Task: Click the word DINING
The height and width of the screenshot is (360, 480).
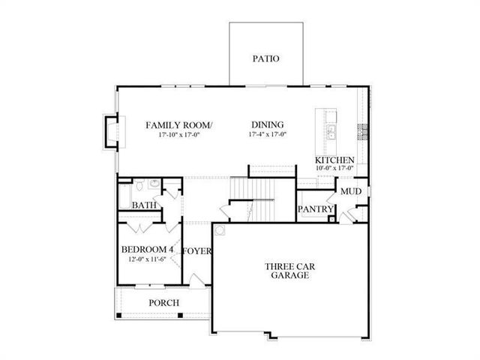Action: pyautogui.click(x=267, y=124)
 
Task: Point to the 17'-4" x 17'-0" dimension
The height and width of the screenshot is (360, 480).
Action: pyautogui.click(x=267, y=135)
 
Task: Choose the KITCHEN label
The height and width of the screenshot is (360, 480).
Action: pyautogui.click(x=334, y=160)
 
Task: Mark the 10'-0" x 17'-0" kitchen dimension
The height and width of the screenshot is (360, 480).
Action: pyautogui.click(x=334, y=169)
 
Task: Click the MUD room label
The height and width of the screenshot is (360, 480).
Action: pyautogui.click(x=350, y=191)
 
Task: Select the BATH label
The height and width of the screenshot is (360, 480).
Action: pyautogui.click(x=144, y=205)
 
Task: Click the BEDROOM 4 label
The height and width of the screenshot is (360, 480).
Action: pyautogui.click(x=148, y=250)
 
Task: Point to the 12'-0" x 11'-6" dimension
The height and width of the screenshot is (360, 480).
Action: pyautogui.click(x=148, y=259)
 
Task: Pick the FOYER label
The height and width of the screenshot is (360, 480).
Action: pyautogui.click(x=196, y=251)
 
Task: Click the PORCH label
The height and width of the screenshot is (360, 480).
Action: pyautogui.click(x=163, y=302)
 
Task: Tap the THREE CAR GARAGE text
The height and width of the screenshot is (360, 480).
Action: pyautogui.click(x=287, y=271)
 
